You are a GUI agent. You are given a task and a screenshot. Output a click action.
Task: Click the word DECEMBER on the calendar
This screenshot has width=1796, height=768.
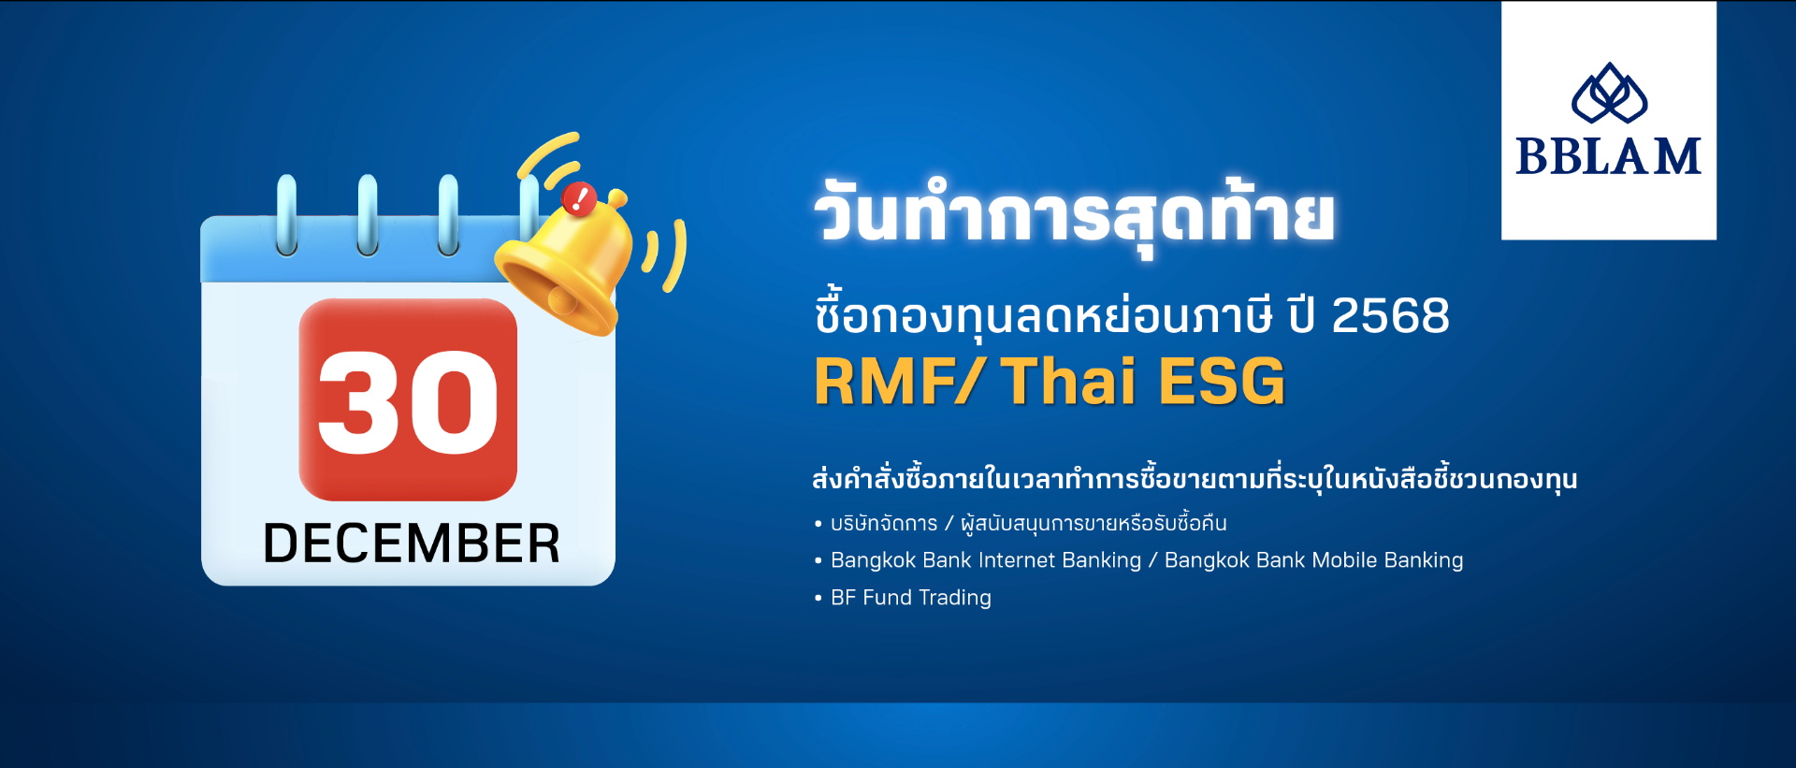[x=412, y=543]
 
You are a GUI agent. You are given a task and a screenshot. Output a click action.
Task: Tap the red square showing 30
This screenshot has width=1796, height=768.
[x=408, y=399]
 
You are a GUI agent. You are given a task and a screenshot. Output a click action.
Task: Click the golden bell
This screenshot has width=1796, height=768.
[x=566, y=262]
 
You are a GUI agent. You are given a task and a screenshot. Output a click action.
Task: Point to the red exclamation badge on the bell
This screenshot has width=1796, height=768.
[x=579, y=198]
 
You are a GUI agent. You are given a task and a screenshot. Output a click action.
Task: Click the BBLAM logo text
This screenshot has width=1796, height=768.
[x=1609, y=156]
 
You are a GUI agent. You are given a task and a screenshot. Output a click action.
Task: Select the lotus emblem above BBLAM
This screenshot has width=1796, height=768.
[x=1609, y=93]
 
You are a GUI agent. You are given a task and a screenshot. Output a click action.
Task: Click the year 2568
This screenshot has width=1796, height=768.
[x=1390, y=315]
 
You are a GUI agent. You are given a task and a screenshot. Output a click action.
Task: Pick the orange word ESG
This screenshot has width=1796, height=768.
[x=1222, y=382]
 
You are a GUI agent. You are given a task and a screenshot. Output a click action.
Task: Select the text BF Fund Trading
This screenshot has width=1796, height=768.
[x=911, y=598]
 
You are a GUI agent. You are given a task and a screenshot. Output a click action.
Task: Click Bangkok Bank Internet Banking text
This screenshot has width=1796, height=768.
[x=986, y=560]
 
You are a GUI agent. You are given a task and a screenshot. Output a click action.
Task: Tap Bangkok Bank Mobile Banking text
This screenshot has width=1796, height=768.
[x=1313, y=560]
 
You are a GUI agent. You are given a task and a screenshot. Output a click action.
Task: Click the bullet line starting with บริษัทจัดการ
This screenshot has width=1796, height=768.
[x=1021, y=523]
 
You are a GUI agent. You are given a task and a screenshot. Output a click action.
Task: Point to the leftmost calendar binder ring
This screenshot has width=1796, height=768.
[x=286, y=215]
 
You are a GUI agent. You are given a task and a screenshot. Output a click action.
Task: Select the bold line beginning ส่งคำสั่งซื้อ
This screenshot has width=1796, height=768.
[x=1195, y=479]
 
